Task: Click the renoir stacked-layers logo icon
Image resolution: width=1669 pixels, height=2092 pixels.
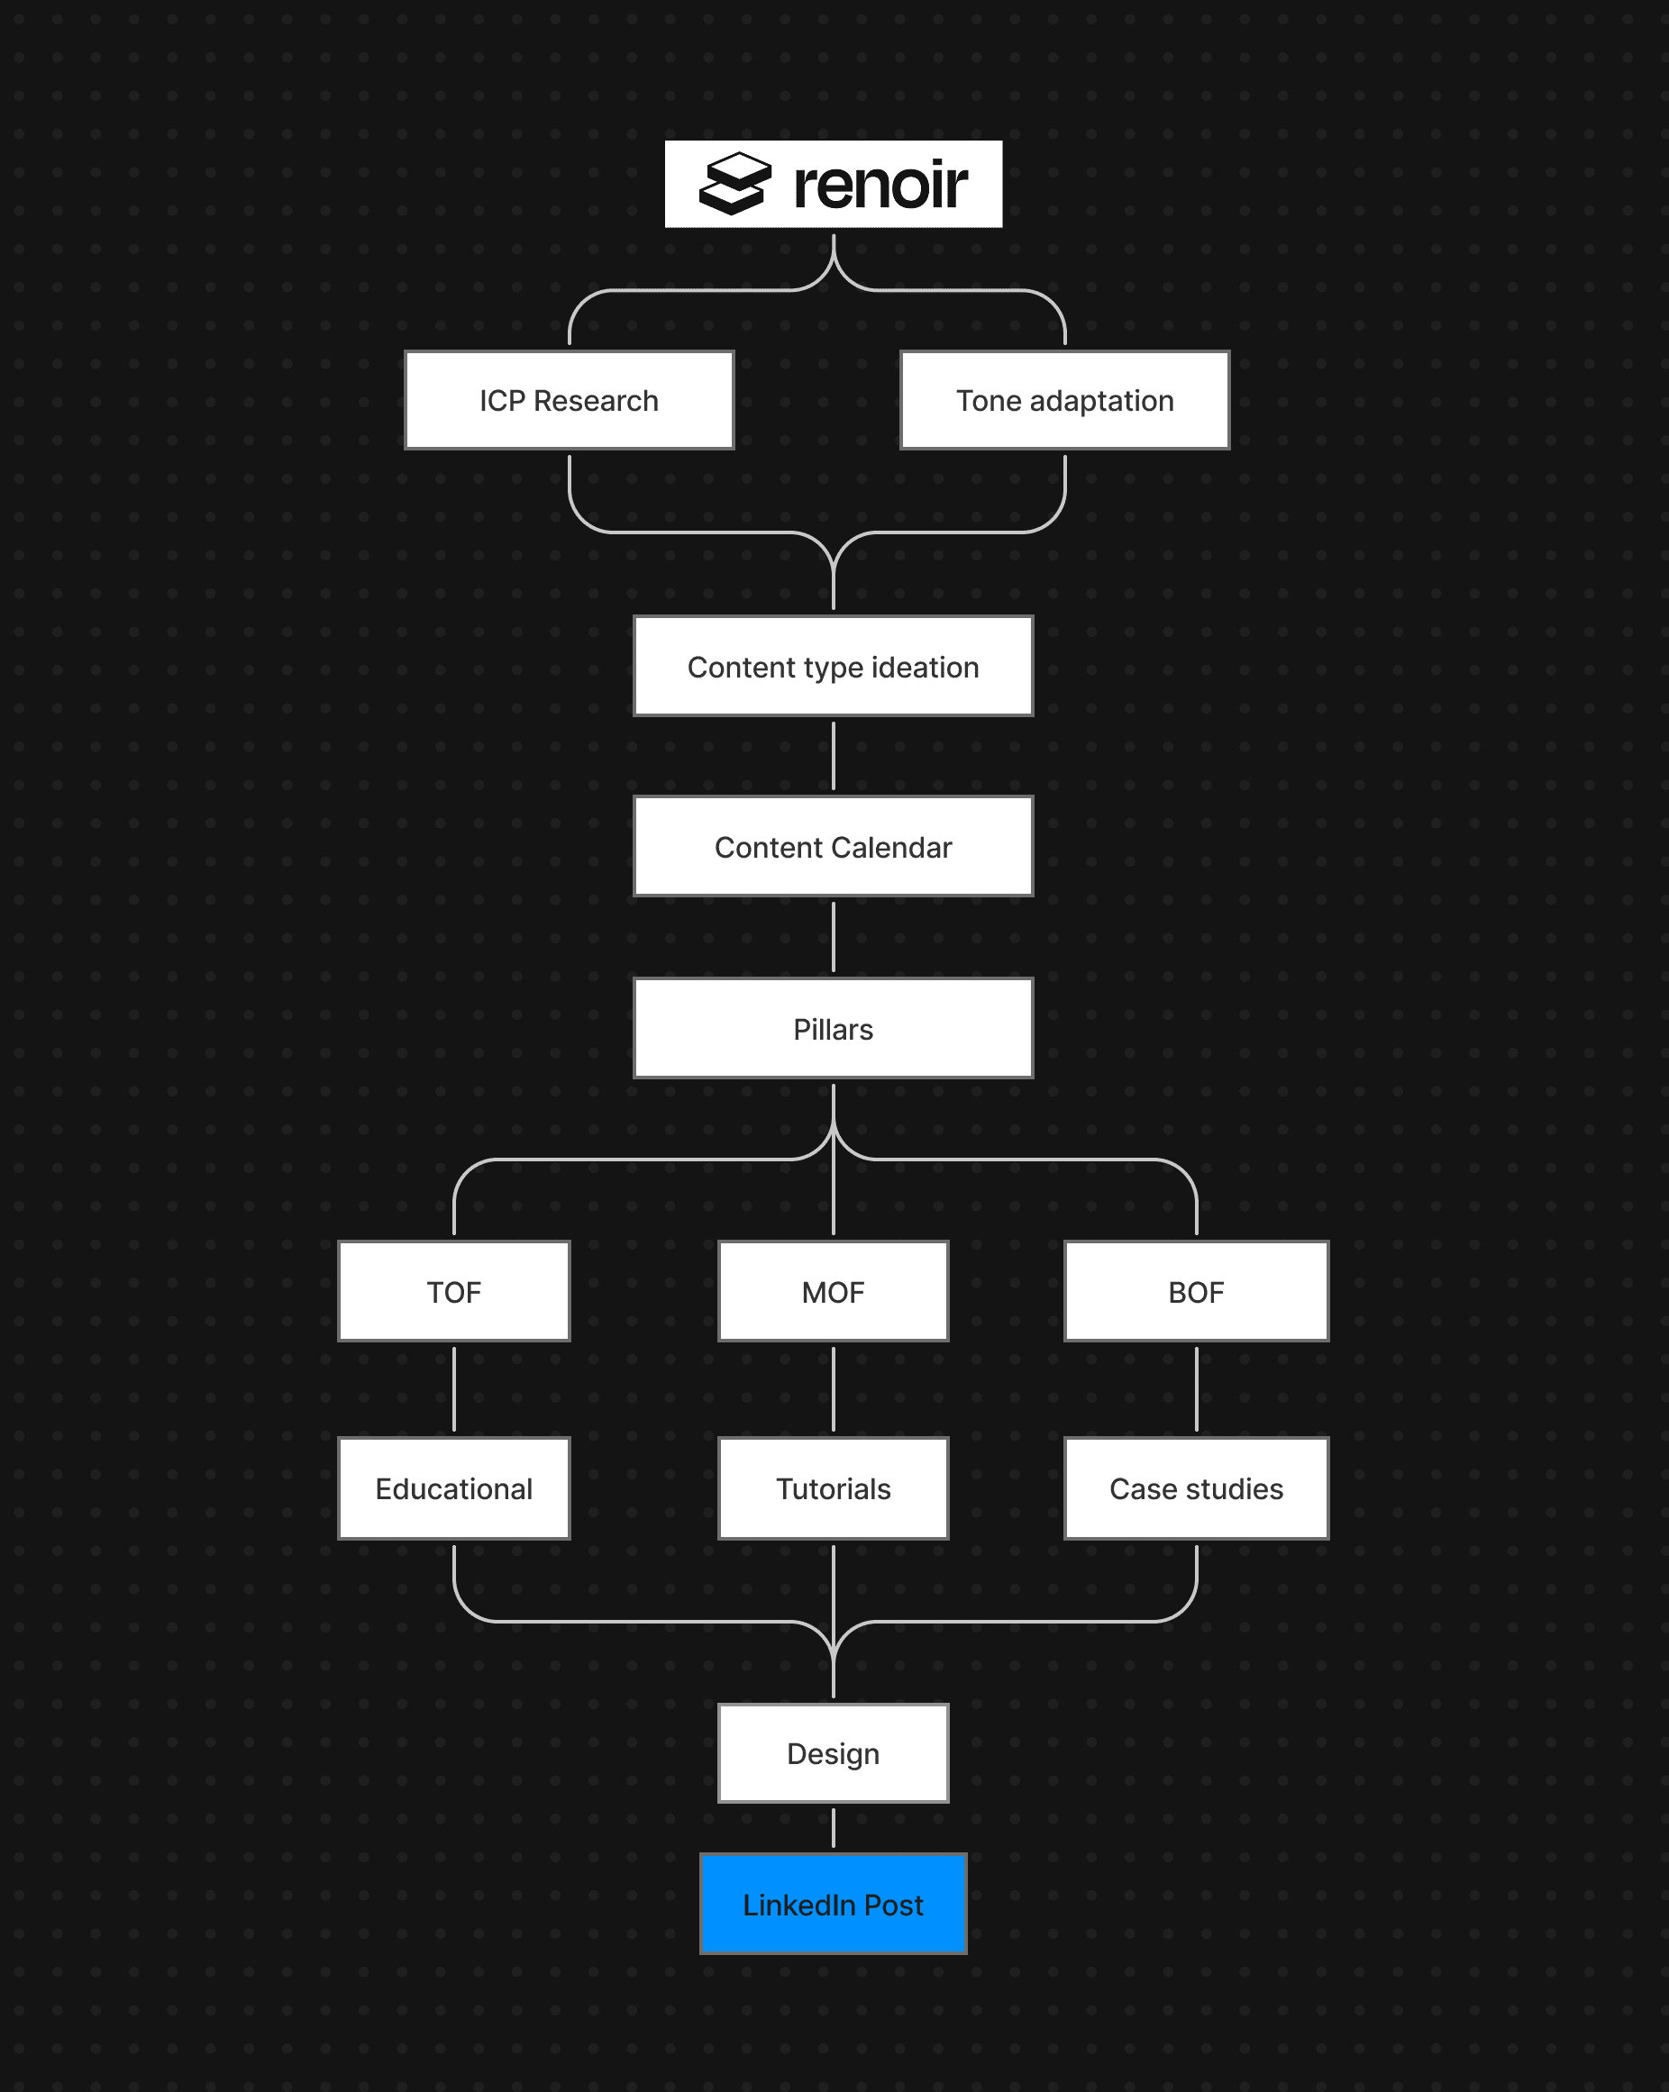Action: point(734,184)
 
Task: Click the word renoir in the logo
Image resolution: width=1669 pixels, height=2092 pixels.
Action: point(880,185)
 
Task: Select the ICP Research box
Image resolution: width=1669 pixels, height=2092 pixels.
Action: point(569,400)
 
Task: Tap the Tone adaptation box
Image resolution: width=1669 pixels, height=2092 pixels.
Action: point(1064,400)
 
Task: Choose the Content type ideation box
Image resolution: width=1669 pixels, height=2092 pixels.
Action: point(833,667)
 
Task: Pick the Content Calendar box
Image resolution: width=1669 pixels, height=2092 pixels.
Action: point(833,847)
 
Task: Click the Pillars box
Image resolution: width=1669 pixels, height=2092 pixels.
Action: point(833,1029)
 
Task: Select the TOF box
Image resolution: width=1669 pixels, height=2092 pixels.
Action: point(453,1291)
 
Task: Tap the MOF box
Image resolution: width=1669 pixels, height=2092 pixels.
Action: point(833,1291)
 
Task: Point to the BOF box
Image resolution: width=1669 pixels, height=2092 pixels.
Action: point(1196,1291)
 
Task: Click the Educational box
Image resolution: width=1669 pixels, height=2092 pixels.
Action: point(453,1488)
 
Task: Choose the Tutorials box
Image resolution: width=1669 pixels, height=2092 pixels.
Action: point(833,1488)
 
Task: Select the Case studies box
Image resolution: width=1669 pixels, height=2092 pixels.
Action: point(1196,1488)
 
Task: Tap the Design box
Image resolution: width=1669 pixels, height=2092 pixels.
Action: point(833,1753)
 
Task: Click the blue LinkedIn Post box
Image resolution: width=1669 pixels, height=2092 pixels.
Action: point(833,1905)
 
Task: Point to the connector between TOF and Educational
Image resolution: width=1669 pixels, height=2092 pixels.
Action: point(454,1389)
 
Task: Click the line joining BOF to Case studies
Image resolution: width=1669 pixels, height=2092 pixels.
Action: point(1197,1389)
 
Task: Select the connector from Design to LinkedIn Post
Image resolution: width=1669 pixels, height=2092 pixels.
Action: point(834,1828)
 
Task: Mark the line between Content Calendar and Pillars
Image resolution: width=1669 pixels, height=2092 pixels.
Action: point(834,937)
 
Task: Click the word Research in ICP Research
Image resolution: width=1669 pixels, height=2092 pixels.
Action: point(596,401)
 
